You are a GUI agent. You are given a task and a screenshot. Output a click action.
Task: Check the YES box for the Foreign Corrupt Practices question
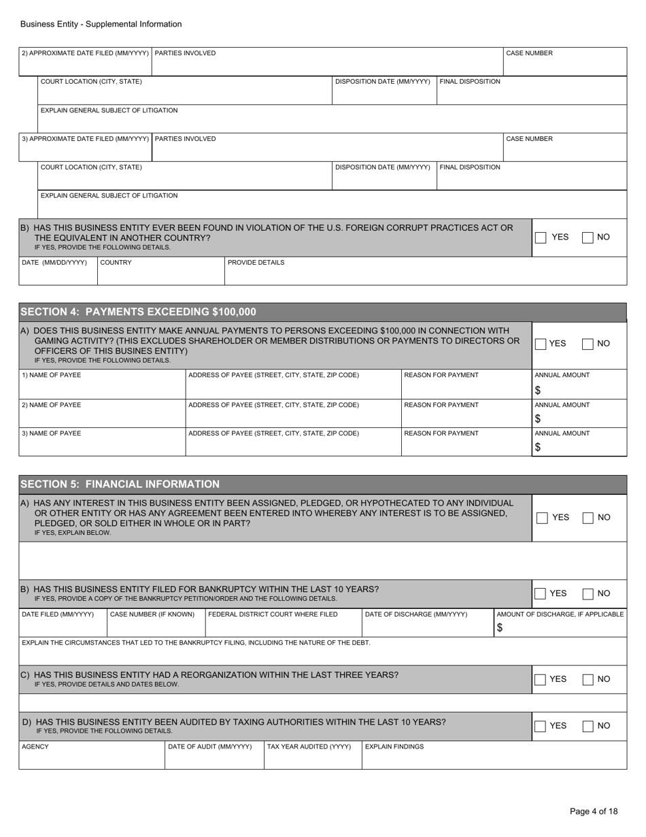[541, 237]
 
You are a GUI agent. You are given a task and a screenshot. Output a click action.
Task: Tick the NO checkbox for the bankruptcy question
[588, 593]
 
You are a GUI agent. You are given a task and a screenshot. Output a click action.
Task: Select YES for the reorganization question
[541, 679]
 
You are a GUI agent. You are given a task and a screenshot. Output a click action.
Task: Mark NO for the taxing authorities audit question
[588, 726]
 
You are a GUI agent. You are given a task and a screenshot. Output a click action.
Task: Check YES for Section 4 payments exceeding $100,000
[541, 344]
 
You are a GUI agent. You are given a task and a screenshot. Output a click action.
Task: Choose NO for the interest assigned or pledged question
[588, 518]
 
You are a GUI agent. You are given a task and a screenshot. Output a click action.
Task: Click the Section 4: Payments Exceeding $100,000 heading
[139, 312]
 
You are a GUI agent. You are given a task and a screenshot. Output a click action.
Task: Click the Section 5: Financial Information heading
[120, 485]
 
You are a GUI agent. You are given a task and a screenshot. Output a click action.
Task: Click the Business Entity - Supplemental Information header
[101, 24]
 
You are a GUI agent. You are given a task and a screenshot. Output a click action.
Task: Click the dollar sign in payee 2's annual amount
[537, 419]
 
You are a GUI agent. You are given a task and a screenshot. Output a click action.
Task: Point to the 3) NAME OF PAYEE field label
[52, 433]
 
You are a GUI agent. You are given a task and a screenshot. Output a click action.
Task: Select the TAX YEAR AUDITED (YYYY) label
[309, 746]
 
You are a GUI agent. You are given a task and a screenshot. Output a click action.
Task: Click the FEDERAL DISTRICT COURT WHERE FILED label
[273, 614]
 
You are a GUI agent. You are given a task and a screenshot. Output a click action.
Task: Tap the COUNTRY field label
[116, 262]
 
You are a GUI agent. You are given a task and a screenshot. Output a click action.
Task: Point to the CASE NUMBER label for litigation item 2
[530, 53]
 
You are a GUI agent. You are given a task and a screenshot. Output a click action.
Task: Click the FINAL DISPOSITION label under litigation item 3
[470, 167]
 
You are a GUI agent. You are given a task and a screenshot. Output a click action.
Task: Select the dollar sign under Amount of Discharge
[500, 628]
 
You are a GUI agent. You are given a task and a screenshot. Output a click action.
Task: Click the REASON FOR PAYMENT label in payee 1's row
[441, 375]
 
